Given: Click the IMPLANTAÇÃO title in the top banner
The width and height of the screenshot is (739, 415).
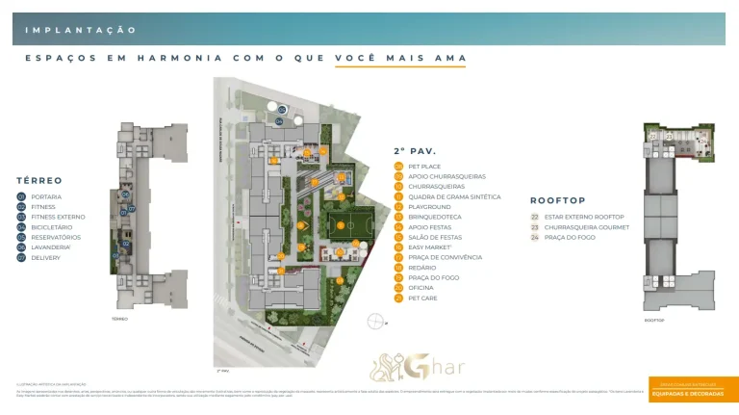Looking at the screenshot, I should coord(81,31).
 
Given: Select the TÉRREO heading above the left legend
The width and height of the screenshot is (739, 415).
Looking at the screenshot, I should coord(39,180).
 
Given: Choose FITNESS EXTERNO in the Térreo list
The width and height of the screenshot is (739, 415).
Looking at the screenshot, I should coord(58,217).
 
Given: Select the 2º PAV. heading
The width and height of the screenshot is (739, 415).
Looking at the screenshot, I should coord(415,151).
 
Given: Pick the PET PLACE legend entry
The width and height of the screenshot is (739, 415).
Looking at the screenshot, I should coord(424,167).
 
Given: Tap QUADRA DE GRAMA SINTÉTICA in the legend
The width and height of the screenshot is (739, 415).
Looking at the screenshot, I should coord(454,196).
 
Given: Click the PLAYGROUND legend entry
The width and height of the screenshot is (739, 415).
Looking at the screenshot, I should coord(429,207).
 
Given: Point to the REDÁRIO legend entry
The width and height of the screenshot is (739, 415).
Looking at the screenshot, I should coord(422,268).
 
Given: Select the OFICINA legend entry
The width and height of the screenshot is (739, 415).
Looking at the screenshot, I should coord(421,288).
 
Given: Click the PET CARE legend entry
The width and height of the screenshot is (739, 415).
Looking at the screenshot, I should coord(423,298).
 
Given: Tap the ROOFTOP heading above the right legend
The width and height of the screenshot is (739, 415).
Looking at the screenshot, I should coord(558,201).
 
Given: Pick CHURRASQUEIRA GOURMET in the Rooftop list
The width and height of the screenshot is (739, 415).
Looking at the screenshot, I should coord(586,227).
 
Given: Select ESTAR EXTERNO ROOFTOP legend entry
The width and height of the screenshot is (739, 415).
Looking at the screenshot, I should coord(584,217).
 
